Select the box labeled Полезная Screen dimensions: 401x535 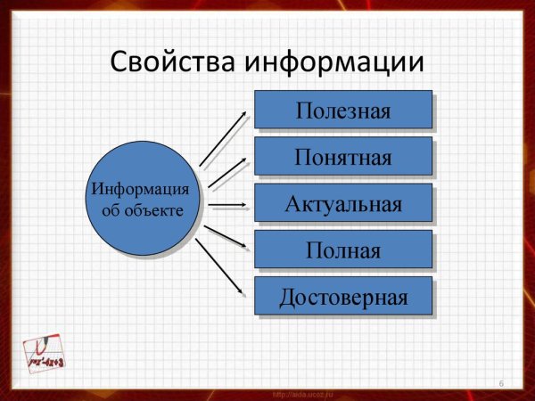(x=343, y=111)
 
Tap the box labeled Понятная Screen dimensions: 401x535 (x=343, y=157)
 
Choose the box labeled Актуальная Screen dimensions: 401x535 (x=343, y=204)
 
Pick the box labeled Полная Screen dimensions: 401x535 (x=343, y=250)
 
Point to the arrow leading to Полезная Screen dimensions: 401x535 (x=223, y=138)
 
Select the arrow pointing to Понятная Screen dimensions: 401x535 (x=226, y=173)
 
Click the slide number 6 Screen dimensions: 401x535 (x=502, y=383)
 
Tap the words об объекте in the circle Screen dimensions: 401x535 (x=142, y=210)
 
